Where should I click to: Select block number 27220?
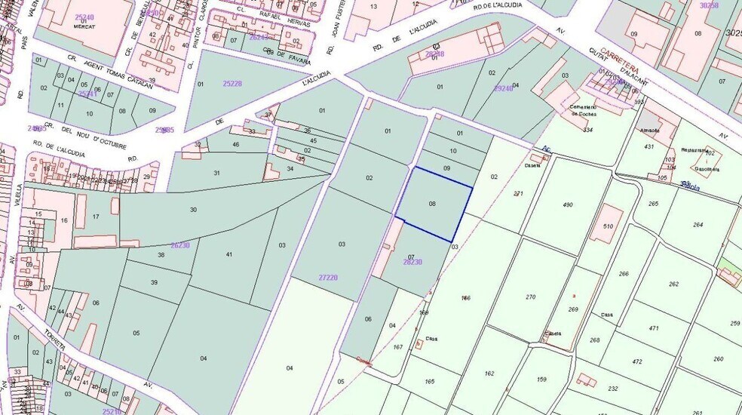pyautogui.click(x=328, y=278)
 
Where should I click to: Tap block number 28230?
pyautogui.click(x=412, y=262)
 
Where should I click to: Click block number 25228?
pyautogui.click(x=232, y=83)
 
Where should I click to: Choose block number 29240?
pyautogui.click(x=503, y=88)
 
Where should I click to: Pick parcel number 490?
pyautogui.click(x=568, y=204)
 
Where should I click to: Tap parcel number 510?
pyautogui.click(x=609, y=226)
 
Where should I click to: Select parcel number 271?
pyautogui.click(x=518, y=194)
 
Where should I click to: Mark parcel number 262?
pyautogui.click(x=673, y=284)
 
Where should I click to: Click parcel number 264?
pyautogui.click(x=698, y=224)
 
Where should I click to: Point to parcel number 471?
pyautogui.click(x=653, y=328)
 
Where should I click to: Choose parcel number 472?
pyautogui.click(x=637, y=361)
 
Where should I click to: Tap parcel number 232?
pyautogui.click(x=613, y=389)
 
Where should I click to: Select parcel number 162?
pyautogui.click(x=489, y=373)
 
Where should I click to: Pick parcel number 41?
pyautogui.click(x=229, y=255)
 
